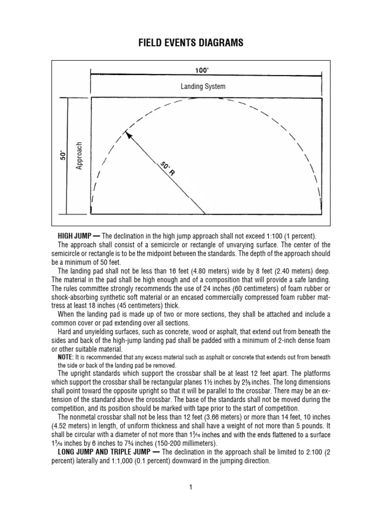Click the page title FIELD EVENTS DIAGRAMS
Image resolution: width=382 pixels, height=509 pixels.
click(x=191, y=43)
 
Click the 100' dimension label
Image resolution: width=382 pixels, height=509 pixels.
click(x=201, y=71)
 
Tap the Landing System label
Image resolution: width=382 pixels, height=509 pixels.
click(x=203, y=86)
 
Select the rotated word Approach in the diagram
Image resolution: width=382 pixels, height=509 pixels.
click(x=79, y=155)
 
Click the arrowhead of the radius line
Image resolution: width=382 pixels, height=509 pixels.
click(x=129, y=135)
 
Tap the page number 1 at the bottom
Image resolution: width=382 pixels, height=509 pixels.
click(x=191, y=488)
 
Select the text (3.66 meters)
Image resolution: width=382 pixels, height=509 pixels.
click(x=208, y=417)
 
